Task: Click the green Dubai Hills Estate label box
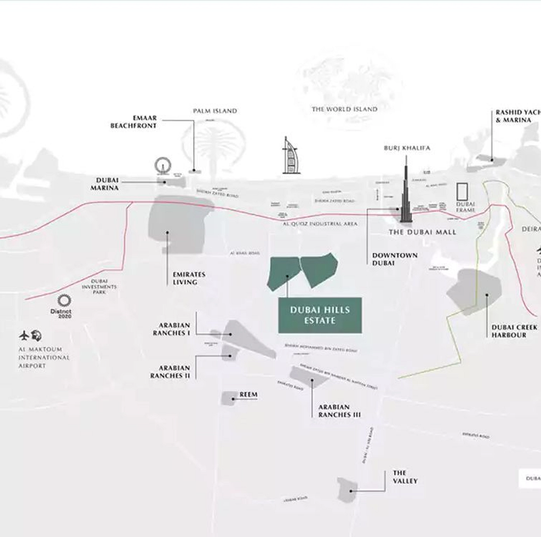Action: (320, 315)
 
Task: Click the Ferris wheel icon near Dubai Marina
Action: (162, 165)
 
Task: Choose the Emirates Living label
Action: (189, 278)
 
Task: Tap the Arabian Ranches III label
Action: (339, 411)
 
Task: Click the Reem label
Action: (248, 394)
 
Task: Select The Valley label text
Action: (405, 477)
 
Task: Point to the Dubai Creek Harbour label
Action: (514, 331)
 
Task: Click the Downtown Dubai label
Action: (394, 259)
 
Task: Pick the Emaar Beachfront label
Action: (133, 122)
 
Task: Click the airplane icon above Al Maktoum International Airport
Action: (24, 335)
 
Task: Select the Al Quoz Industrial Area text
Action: (320, 224)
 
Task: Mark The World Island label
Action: (344, 109)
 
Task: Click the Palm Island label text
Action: (215, 111)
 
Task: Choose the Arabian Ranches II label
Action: (170, 372)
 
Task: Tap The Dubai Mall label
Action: (422, 232)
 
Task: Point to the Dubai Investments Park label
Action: (99, 287)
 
